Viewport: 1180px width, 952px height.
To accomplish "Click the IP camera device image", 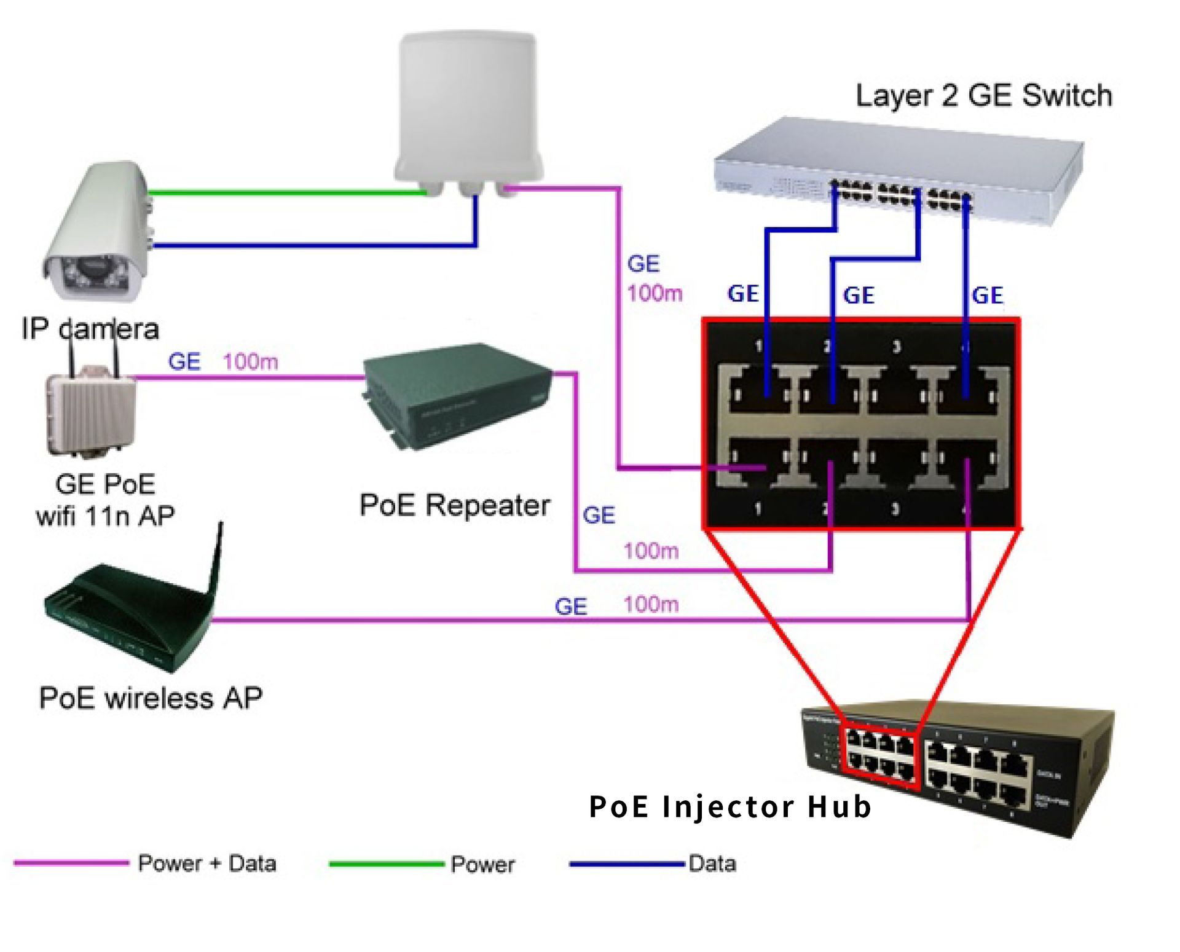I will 98,234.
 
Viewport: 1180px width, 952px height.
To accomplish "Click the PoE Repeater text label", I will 454,505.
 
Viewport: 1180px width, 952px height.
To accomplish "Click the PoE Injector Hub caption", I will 730,807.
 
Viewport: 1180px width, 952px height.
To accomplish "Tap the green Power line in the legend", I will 386,863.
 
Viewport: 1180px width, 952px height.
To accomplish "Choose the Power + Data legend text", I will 206,863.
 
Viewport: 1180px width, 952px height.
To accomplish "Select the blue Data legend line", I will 626,863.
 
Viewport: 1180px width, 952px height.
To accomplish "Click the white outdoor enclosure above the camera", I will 468,108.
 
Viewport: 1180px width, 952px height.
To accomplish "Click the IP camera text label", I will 90,329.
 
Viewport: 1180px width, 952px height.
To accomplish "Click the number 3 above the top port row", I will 896,347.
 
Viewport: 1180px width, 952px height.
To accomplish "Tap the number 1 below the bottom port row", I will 758,509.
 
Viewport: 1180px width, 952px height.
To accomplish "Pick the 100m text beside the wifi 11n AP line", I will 250,361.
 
